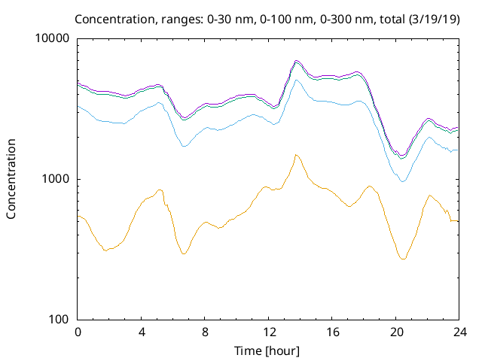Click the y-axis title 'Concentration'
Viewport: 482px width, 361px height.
pos(11,178)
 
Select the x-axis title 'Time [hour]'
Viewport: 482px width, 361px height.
pos(268,350)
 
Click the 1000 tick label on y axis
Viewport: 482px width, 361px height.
pos(56,179)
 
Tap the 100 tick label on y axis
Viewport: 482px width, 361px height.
pos(59,320)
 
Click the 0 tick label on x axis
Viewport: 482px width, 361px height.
pos(78,332)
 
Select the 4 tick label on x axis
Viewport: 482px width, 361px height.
pos(142,332)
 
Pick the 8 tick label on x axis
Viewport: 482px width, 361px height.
pos(205,332)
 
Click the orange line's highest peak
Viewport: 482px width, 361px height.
pos(296,155)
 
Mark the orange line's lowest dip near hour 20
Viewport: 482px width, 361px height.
pos(404,259)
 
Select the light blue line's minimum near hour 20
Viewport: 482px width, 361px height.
pos(403,181)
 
